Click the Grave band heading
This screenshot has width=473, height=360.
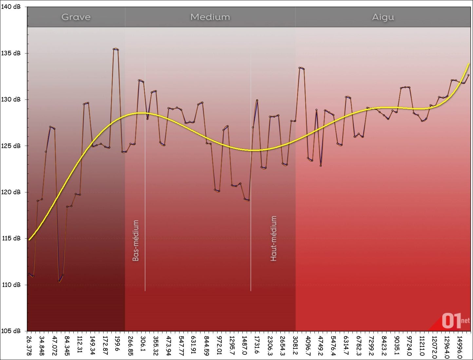click(x=76, y=17)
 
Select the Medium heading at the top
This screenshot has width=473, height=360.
click(x=210, y=17)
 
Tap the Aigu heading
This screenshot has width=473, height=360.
click(x=383, y=17)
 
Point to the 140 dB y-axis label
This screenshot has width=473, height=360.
click(x=11, y=7)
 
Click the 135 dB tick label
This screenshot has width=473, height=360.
click(x=11, y=53)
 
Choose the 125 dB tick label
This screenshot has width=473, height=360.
click(x=11, y=146)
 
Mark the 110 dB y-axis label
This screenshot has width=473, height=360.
click(x=11, y=285)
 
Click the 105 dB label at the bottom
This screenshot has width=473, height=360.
click(x=11, y=331)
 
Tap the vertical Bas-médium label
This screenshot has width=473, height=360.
click(x=136, y=240)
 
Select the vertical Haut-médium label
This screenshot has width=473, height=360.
click(x=274, y=238)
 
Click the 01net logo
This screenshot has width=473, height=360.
click(x=455, y=321)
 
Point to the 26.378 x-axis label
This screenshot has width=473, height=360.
click(x=29, y=346)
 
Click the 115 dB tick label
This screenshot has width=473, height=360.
click(x=11, y=238)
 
